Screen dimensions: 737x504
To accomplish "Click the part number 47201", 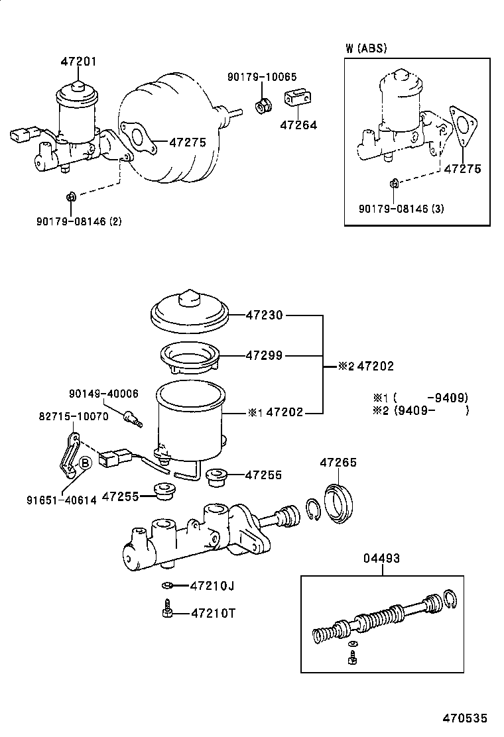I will pyautogui.click(x=78, y=62).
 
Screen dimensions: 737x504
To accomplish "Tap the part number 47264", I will pyautogui.click(x=298, y=125).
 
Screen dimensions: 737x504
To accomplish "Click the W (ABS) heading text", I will pyautogui.click(x=366, y=48).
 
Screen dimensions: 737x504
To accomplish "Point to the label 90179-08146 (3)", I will pyautogui.click(x=401, y=209).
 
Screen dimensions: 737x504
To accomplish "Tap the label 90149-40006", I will pyautogui.click(x=103, y=394).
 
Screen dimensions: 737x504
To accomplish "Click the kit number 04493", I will pyautogui.click(x=381, y=559).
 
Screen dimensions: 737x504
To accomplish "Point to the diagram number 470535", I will pyautogui.click(x=466, y=718).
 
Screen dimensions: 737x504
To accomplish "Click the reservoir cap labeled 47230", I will pyautogui.click(x=190, y=313).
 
